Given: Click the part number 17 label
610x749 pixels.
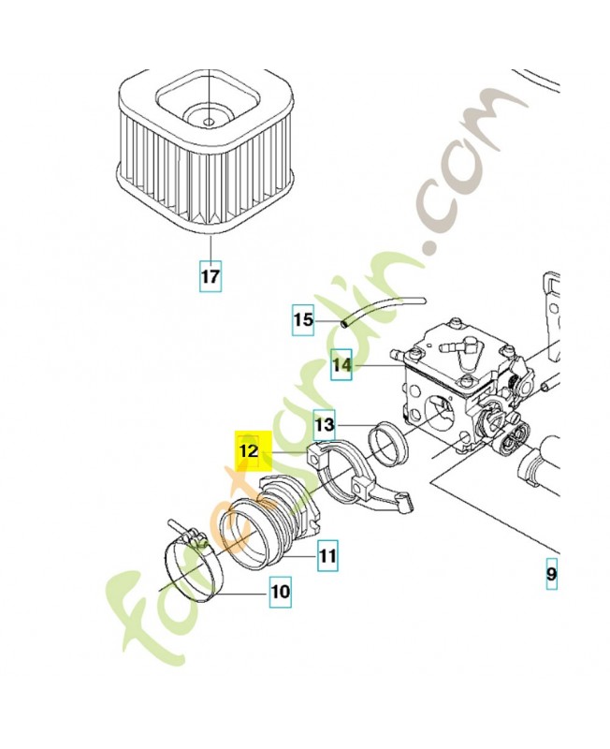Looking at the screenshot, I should coord(211,277).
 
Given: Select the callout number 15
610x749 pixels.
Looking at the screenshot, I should coord(302,321).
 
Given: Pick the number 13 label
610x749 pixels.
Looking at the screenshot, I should coord(323,425).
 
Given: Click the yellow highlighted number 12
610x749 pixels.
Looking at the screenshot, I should coord(249,451).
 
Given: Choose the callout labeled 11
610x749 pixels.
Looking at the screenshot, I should coord(327,557).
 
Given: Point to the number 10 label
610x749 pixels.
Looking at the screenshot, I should coord(281,592).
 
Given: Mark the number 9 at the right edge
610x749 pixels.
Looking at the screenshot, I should coord(552,573).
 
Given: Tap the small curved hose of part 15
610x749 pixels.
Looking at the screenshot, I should coord(384,306).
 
